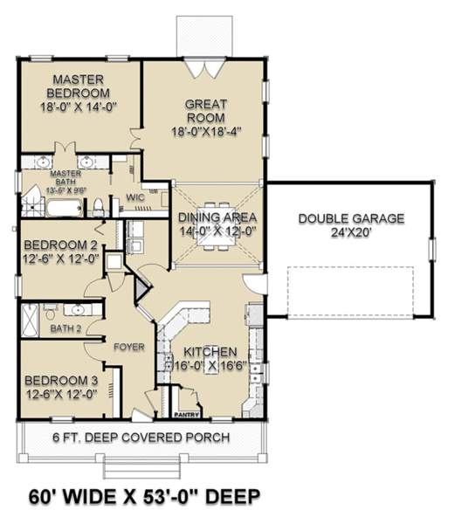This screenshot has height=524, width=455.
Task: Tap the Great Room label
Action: pyautogui.click(x=205, y=111)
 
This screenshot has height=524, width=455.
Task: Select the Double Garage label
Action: pyautogui.click(x=351, y=218)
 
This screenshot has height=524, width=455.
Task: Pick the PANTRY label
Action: pyautogui.click(x=184, y=415)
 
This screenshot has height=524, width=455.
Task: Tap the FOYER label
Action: pyautogui.click(x=128, y=347)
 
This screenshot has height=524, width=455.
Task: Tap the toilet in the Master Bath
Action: pyautogui.click(x=99, y=207)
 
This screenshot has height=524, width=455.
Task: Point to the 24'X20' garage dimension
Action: pyautogui.click(x=351, y=234)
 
